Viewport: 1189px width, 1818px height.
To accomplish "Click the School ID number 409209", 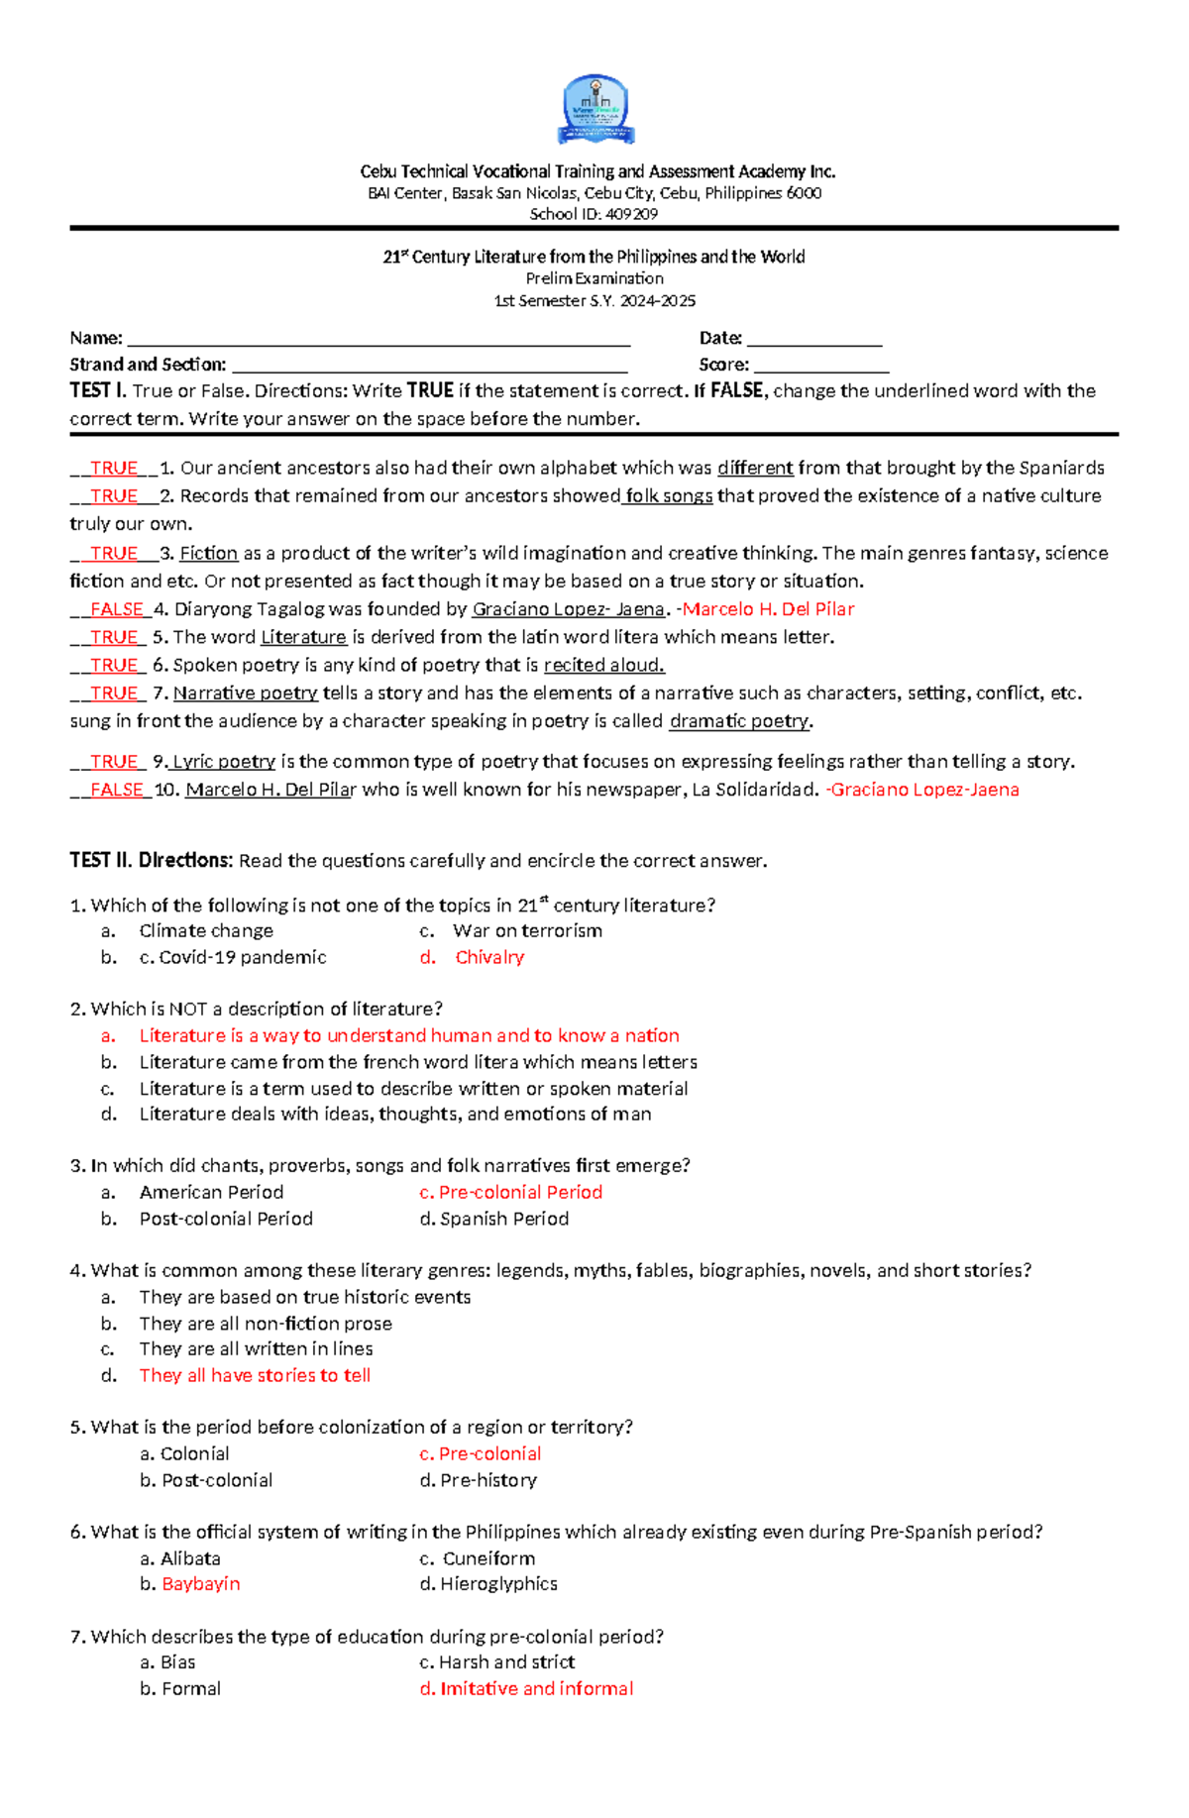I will pos(632,214).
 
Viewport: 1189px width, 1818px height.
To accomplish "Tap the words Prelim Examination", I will pos(594,278).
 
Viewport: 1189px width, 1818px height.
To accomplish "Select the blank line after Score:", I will pos(820,367).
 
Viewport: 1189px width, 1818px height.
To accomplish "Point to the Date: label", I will pos(720,339).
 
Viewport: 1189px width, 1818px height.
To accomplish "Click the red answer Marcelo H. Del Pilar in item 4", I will pos(768,609).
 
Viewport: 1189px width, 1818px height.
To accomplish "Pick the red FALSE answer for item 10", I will pos(116,790).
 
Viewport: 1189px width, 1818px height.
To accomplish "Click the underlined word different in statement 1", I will pos(755,468).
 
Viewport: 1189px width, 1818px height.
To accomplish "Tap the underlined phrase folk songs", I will pos(669,495).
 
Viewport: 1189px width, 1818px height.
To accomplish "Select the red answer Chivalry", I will pos(489,957).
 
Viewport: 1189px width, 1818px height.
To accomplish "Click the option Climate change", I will pos(206,930).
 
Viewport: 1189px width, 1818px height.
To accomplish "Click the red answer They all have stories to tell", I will pos(255,1375).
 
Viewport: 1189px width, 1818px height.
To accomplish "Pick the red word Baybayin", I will pos(201,1583).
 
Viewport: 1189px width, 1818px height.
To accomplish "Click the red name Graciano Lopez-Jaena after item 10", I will pos(924,790).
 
